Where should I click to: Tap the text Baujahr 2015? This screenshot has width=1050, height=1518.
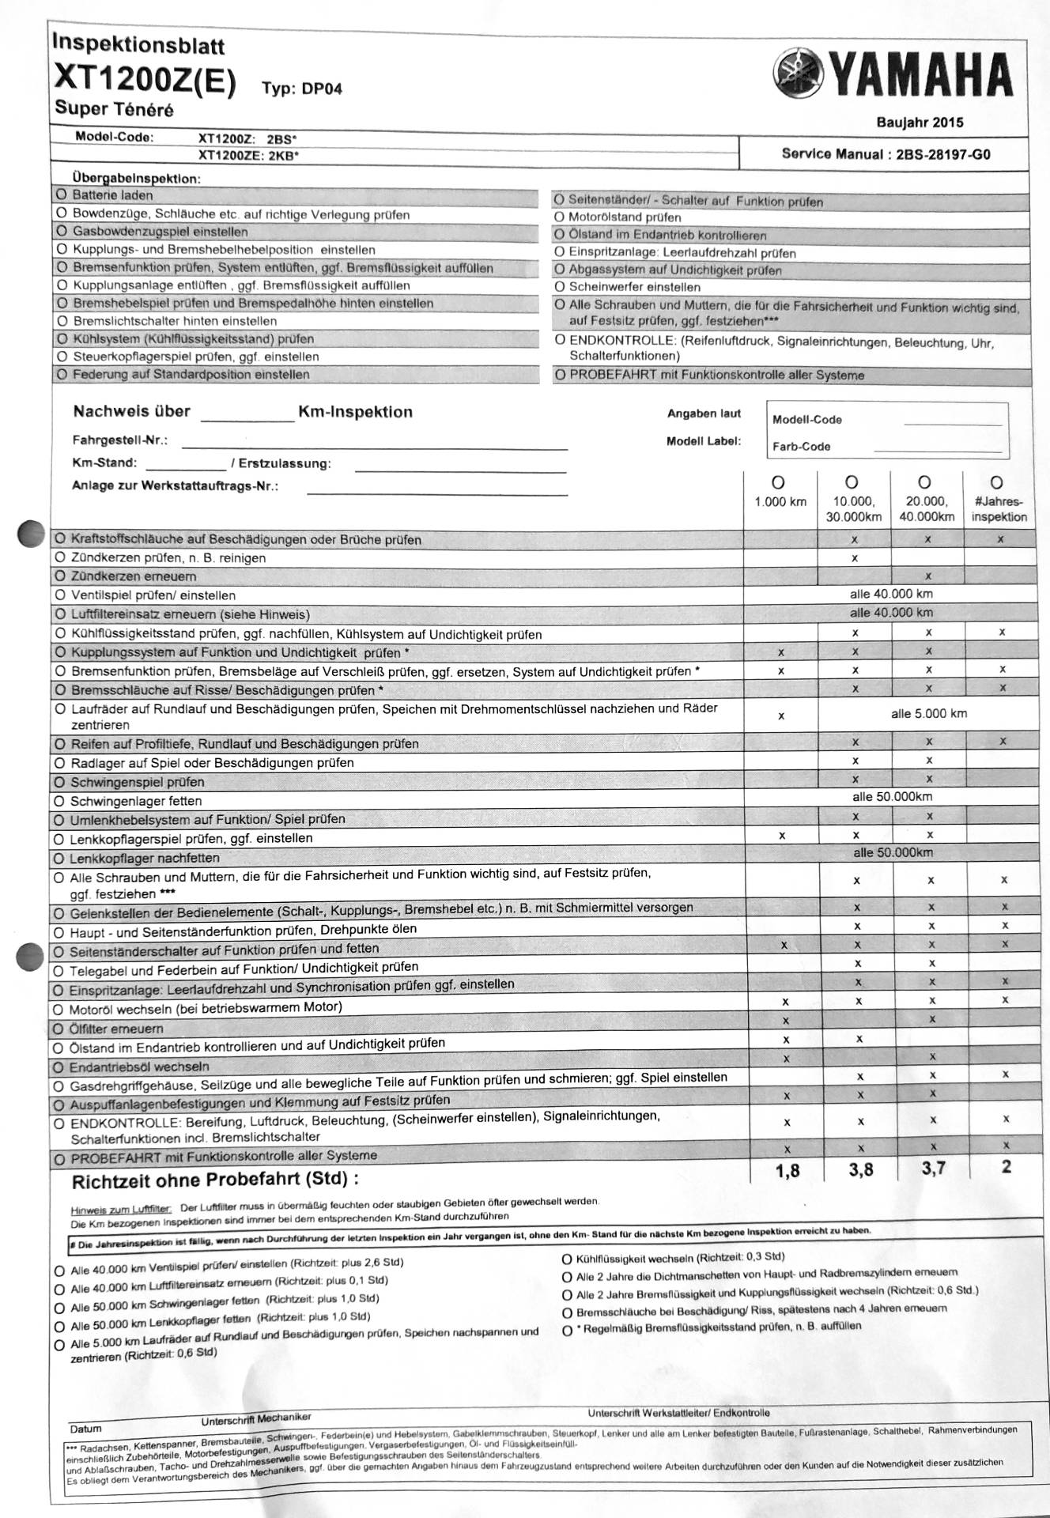pyautogui.click(x=920, y=123)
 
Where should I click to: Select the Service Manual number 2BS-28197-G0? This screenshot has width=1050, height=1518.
pyautogui.click(x=942, y=154)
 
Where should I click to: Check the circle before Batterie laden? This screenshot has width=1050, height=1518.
pyautogui.click(x=62, y=194)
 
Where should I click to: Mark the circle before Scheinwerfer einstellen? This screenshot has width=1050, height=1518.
pyautogui.click(x=560, y=287)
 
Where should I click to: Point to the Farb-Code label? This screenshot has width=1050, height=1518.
pyautogui.click(x=801, y=447)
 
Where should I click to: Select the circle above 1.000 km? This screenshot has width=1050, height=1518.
pyautogui.click(x=778, y=481)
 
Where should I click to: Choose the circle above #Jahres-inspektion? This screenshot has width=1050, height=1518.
pyautogui.click(x=997, y=481)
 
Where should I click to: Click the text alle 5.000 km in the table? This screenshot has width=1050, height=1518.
pyautogui.click(x=929, y=714)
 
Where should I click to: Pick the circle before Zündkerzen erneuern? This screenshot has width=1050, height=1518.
pyautogui.click(x=60, y=576)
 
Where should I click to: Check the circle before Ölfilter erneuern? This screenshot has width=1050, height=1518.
pyautogui.click(x=59, y=1029)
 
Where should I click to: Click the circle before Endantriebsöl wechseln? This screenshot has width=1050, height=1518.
pyautogui.click(x=59, y=1067)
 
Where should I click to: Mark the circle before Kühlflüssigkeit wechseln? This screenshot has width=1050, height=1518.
pyautogui.click(x=566, y=1259)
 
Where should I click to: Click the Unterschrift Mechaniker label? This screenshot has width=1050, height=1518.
pyautogui.click(x=255, y=1418)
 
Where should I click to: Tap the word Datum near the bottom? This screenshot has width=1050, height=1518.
pyautogui.click(x=85, y=1429)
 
